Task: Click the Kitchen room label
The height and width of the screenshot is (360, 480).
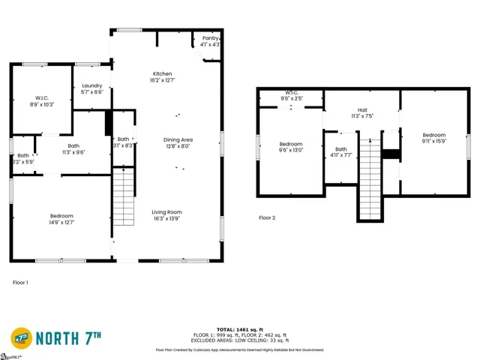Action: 163,76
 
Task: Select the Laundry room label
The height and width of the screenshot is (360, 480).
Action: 91,88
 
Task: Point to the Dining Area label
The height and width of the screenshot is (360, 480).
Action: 178,142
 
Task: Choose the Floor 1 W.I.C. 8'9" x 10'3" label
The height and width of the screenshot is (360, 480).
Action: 42,101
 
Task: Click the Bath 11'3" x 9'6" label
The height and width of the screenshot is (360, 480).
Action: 73,149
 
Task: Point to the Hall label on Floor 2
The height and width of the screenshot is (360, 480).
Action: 361,113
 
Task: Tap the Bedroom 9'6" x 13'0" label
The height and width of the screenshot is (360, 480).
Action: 291,147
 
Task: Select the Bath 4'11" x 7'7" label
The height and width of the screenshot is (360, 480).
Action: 341,152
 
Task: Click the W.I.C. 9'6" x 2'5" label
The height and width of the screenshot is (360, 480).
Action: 292,95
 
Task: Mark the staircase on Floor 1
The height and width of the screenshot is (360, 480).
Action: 123,197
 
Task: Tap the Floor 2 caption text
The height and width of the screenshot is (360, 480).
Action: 267,218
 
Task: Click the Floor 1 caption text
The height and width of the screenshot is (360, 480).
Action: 21,283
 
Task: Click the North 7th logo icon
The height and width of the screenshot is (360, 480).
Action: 22,338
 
